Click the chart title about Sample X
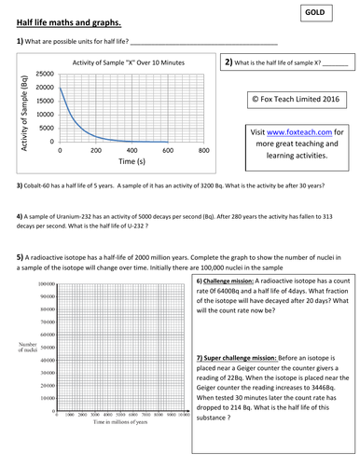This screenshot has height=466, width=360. click(130, 62)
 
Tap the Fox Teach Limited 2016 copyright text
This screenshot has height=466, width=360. click(297, 97)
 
